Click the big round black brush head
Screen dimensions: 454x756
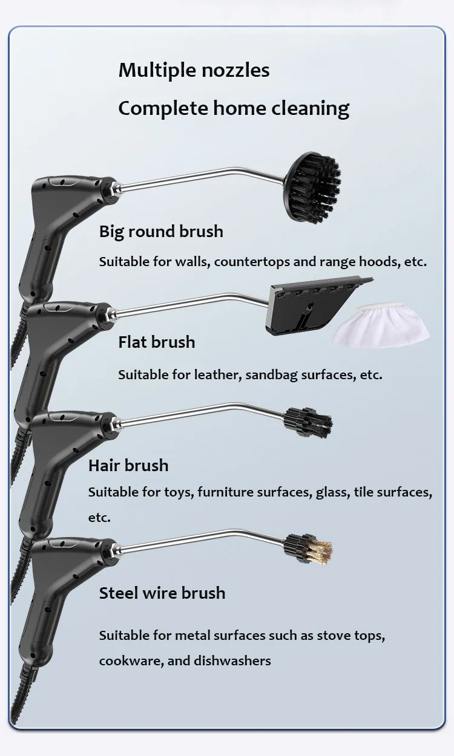point(314,179)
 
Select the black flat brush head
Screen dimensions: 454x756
point(312,306)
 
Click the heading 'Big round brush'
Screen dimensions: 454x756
point(161,232)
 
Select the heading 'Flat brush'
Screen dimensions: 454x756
point(156,342)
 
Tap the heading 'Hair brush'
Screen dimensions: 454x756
point(128,466)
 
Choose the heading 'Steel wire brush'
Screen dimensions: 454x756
point(162,593)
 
